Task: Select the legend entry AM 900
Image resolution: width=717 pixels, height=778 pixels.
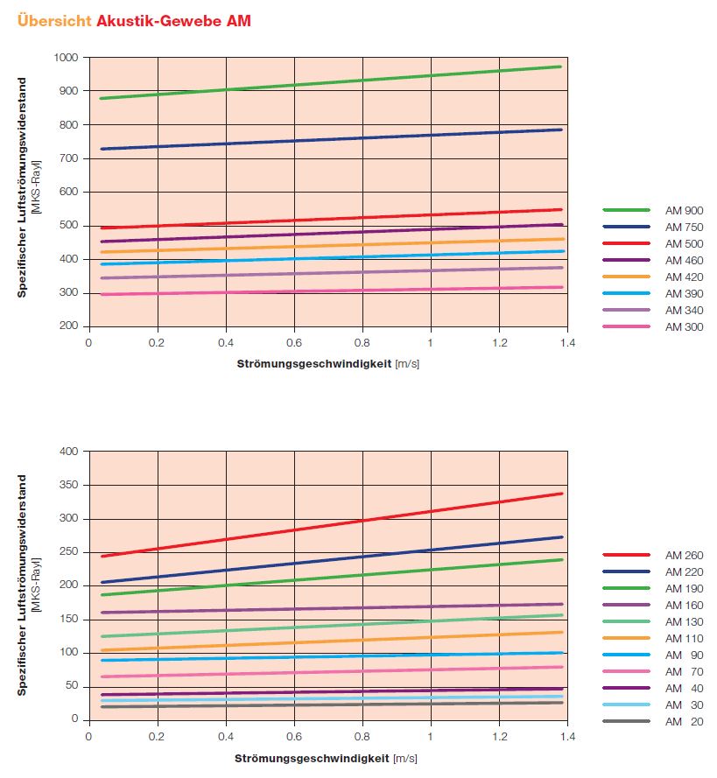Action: click(x=684, y=210)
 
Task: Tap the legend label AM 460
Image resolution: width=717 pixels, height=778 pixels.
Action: click(x=684, y=260)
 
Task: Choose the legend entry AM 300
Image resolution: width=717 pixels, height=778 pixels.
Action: click(x=684, y=326)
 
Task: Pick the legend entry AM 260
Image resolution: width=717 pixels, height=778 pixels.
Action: click(x=684, y=555)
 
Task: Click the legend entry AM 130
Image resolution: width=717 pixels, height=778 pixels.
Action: click(x=684, y=621)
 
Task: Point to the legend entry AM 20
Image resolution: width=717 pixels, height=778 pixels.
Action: click(x=684, y=721)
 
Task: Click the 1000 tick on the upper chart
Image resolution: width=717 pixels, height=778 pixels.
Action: click(x=67, y=58)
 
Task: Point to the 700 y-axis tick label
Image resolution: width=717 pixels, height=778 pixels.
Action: click(x=69, y=158)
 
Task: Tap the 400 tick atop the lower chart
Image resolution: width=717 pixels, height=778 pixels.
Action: click(x=69, y=452)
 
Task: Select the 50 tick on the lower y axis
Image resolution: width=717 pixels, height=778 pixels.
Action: click(x=73, y=686)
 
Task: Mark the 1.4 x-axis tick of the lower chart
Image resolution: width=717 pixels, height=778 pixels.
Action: click(x=566, y=736)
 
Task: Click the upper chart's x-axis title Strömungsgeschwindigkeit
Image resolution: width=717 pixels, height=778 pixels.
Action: click(x=313, y=362)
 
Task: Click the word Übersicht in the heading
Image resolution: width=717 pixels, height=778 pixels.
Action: click(x=53, y=20)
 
